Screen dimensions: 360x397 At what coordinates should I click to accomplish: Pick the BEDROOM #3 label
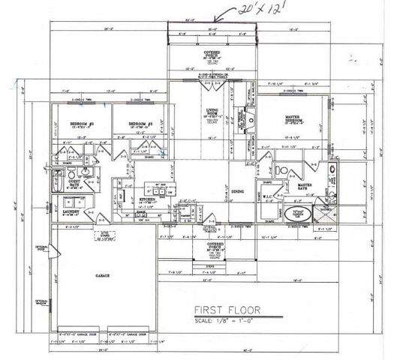coord(140,122)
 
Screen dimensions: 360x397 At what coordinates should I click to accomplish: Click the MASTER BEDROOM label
coord(298,118)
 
